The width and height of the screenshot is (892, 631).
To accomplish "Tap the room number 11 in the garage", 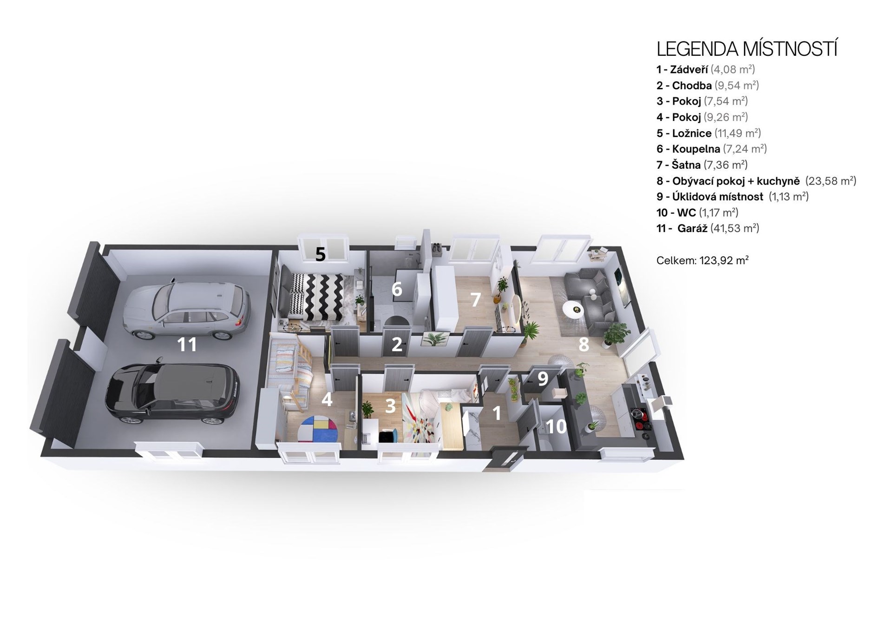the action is tap(187, 345).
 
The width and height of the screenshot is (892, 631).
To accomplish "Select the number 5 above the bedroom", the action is tap(321, 254).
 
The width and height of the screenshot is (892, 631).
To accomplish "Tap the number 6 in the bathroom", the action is tap(396, 289).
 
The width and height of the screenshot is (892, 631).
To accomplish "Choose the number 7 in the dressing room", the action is tap(475, 300).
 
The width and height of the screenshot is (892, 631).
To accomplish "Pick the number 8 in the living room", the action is tap(584, 345).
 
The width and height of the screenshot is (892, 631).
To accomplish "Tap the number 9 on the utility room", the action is tap(543, 379).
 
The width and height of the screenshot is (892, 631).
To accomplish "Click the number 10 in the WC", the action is tap(557, 426).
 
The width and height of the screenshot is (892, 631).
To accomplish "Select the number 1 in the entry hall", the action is tap(497, 413).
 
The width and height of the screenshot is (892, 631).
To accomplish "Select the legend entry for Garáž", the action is tap(708, 228).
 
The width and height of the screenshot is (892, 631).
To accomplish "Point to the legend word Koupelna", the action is tap(696, 149).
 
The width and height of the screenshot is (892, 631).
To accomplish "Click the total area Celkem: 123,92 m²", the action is tap(702, 260).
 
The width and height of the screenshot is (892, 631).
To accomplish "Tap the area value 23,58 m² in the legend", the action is tap(831, 181).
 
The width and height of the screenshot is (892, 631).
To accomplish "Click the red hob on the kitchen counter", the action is tap(639, 413).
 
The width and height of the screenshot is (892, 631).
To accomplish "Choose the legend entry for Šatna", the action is tap(702, 165).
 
